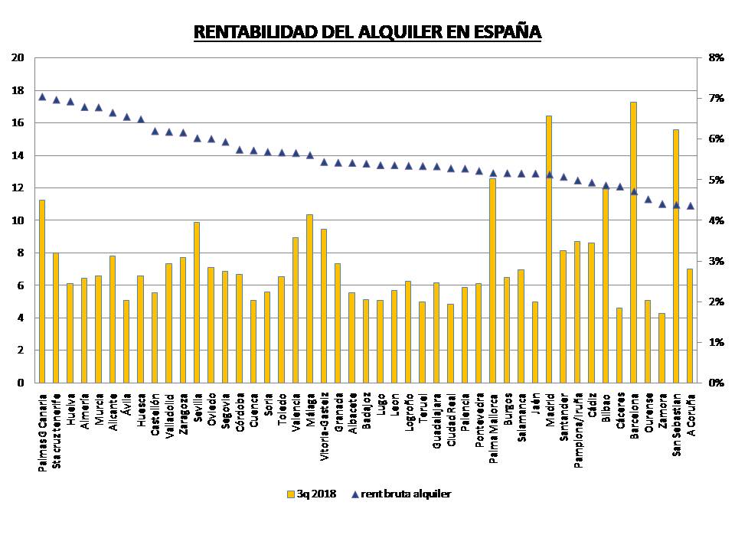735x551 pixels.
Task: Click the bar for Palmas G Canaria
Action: point(42,291)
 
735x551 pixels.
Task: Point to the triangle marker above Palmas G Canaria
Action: point(42,97)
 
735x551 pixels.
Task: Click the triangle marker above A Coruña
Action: point(690,205)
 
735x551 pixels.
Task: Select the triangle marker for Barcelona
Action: point(633,191)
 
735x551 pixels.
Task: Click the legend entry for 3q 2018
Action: point(313,494)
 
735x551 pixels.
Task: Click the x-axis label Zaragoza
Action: point(183,415)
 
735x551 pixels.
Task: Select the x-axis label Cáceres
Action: point(619,412)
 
